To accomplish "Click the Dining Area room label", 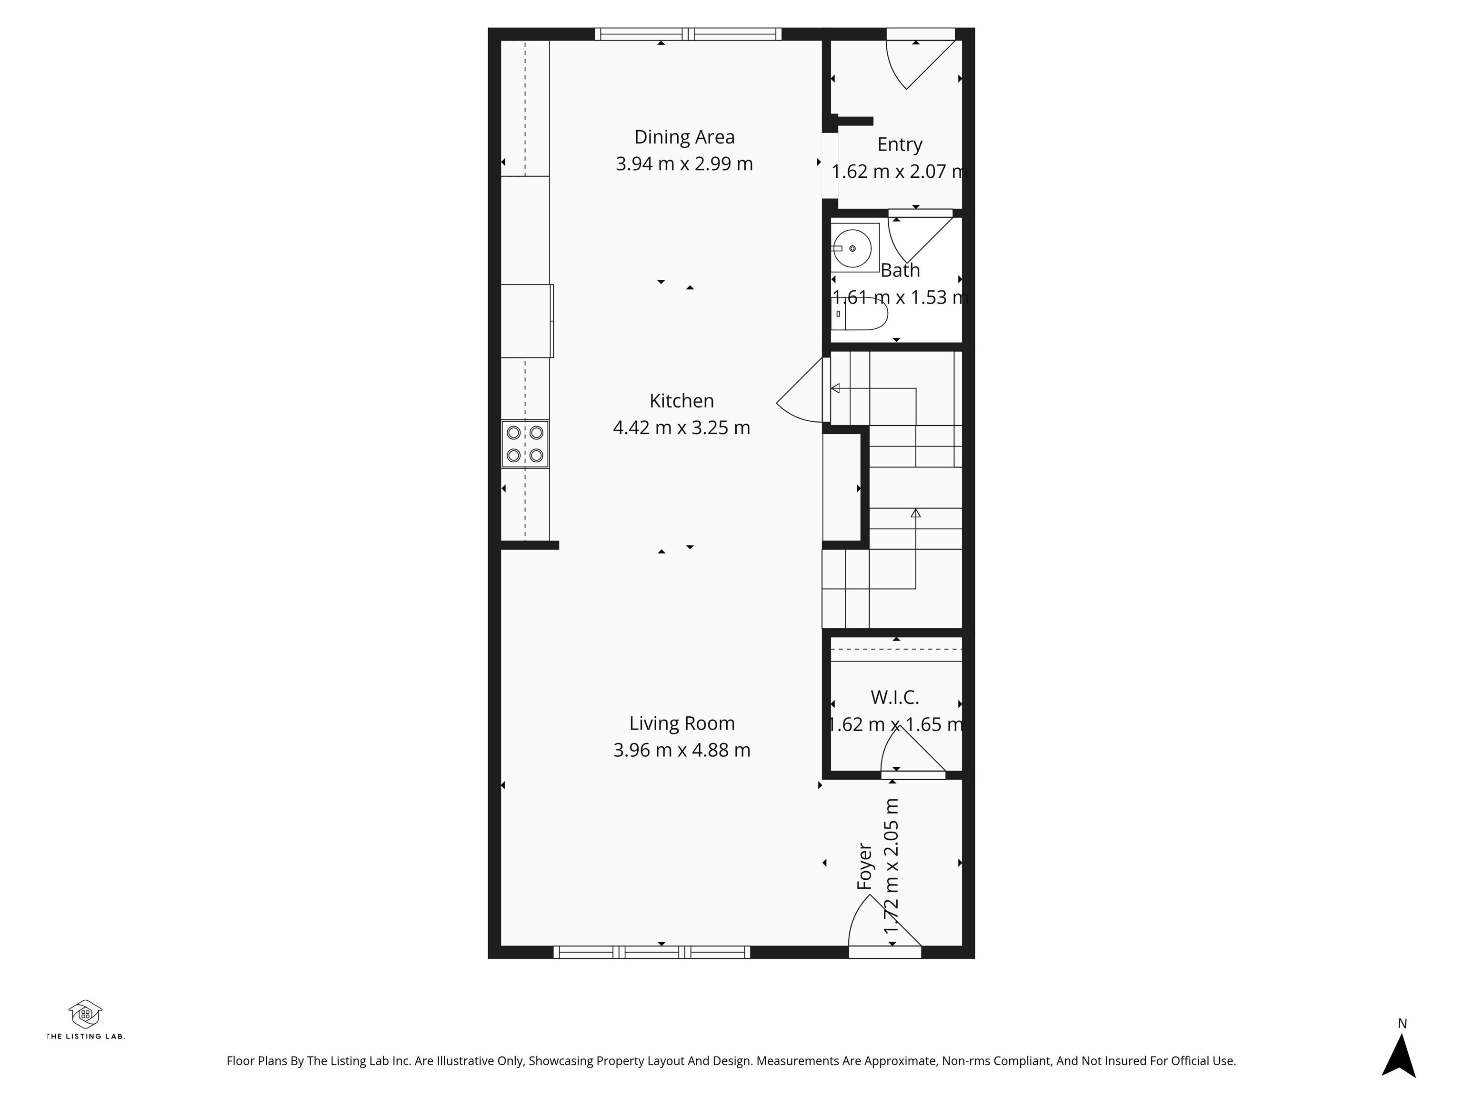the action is [684, 137].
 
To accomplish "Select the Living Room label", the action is [682, 723].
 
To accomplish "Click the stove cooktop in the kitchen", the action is [524, 444].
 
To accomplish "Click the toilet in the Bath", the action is [859, 314].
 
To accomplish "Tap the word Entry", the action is [900, 145].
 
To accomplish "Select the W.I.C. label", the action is [894, 697].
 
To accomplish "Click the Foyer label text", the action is [864, 866].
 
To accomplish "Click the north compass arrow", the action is [1399, 1057].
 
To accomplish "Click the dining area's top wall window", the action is [688, 34].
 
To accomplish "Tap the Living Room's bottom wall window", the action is [651, 952].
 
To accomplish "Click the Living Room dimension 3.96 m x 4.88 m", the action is [682, 750].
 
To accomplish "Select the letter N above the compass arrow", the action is [1402, 1023].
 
